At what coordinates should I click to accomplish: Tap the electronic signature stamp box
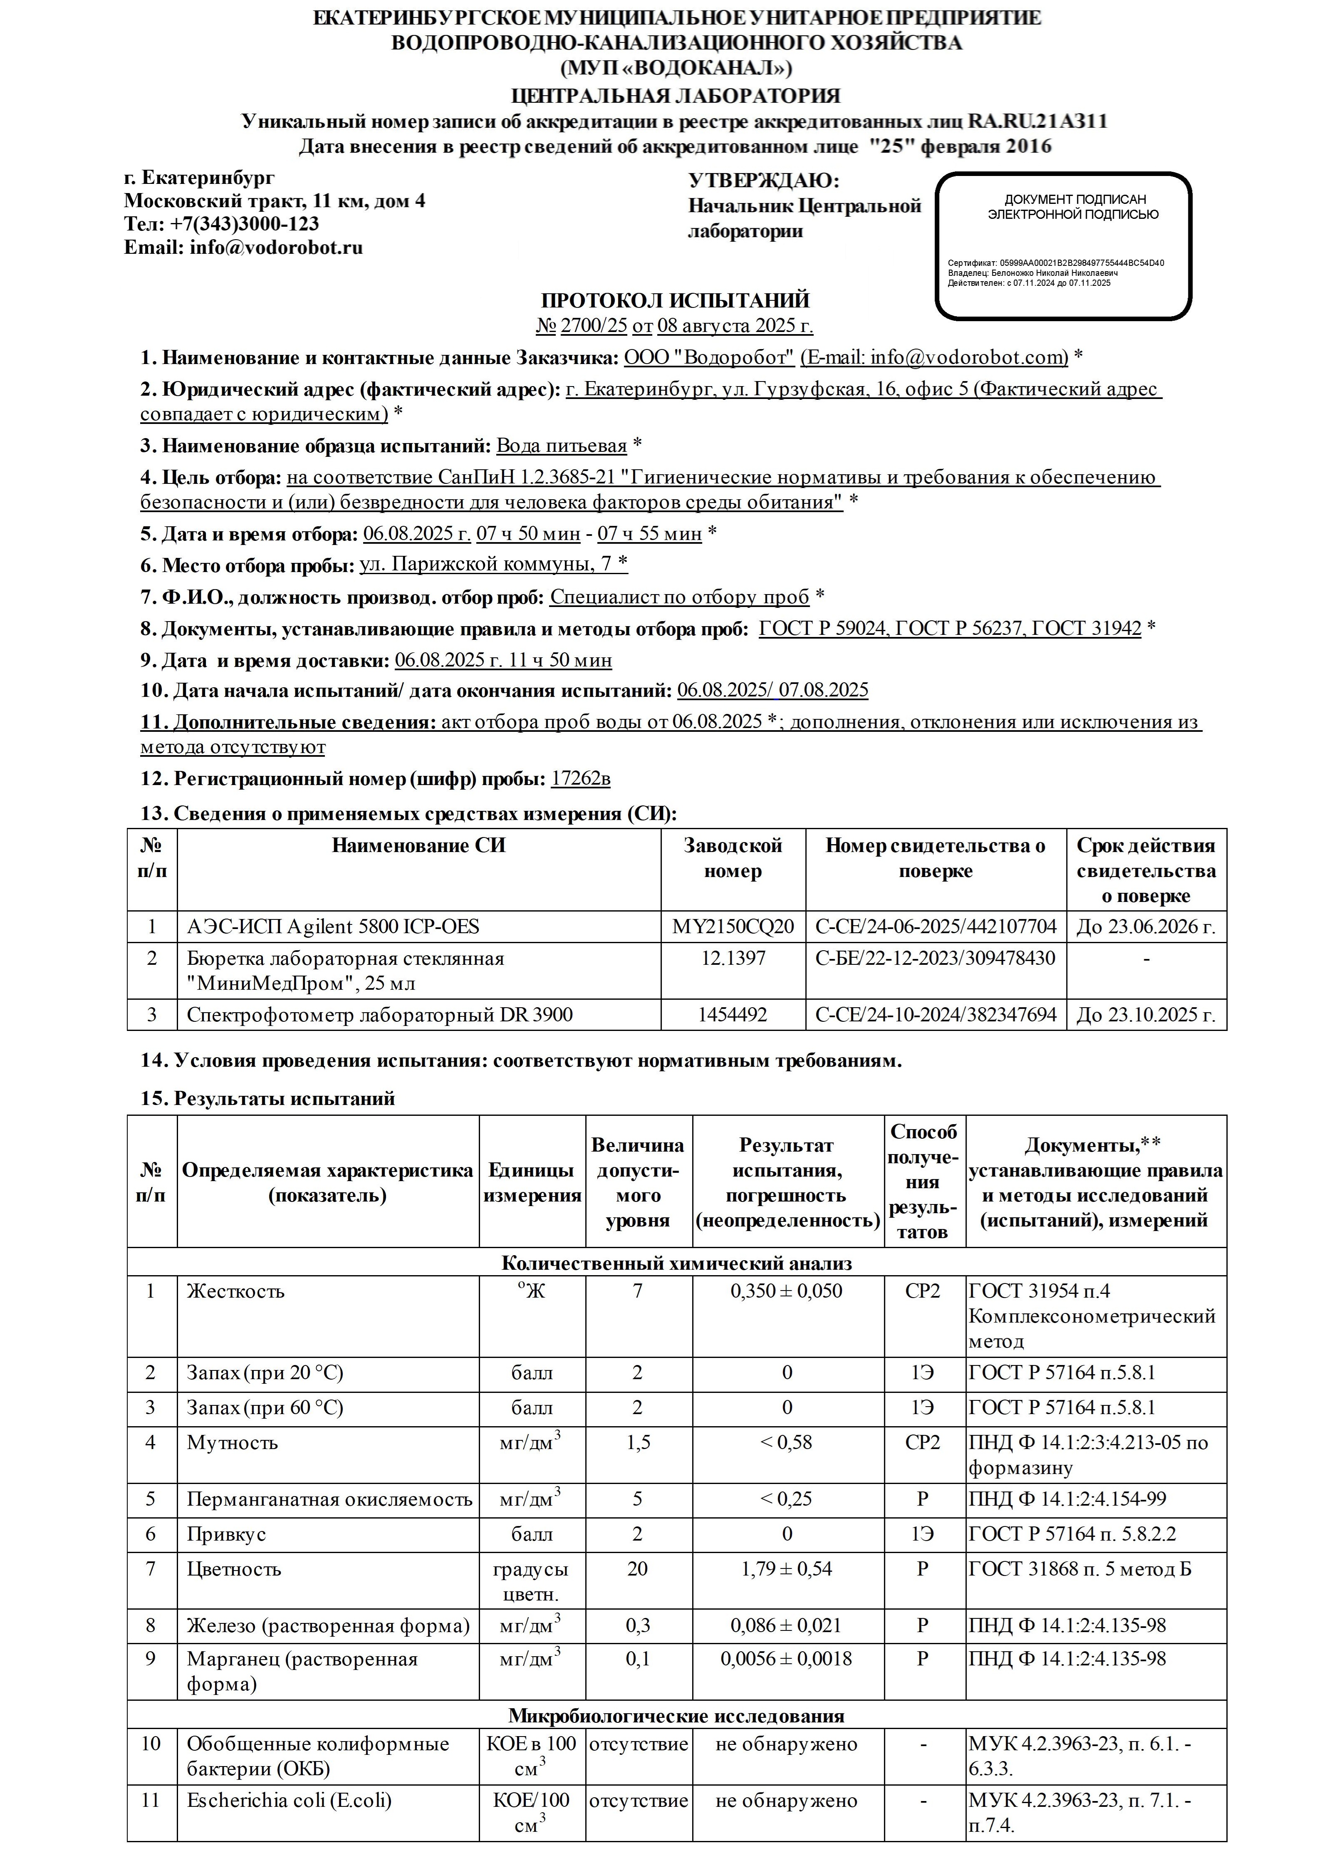1063,245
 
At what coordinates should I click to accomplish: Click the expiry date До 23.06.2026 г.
1146,926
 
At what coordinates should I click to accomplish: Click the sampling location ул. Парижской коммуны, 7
487,564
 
